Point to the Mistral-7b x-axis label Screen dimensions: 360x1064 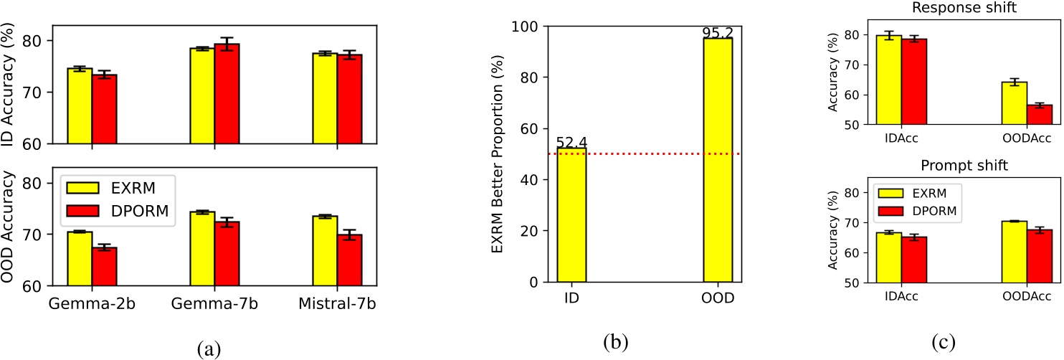tap(336, 304)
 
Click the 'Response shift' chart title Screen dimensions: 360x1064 tap(959, 9)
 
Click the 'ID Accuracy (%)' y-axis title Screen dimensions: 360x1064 tap(9, 85)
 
